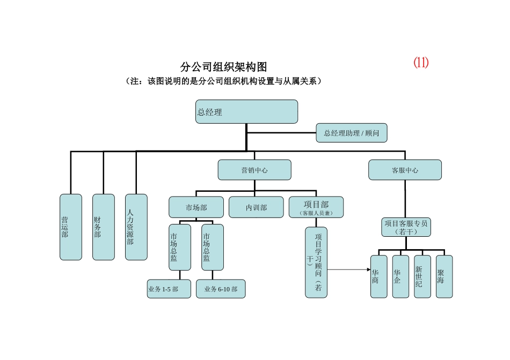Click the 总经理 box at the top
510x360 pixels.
[x=246, y=111]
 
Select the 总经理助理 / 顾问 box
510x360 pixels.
[x=351, y=132]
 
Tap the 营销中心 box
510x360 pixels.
[x=254, y=170]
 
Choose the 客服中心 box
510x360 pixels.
[x=405, y=170]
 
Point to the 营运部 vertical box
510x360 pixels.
[x=71, y=227]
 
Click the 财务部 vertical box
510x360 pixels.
[x=104, y=227]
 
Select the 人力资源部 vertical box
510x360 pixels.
[x=136, y=227]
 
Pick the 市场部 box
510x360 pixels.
[x=196, y=207]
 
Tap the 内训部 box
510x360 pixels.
[x=256, y=207]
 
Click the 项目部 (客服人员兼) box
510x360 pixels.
[x=316, y=207]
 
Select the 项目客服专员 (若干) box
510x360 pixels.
[x=405, y=227]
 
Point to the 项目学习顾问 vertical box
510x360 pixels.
[x=316, y=262]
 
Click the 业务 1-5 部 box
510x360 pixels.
[x=169, y=289]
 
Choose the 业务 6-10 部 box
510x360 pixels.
[x=221, y=289]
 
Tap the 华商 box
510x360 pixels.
[x=378, y=276]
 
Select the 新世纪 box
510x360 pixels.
[x=422, y=276]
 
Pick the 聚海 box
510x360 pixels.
[x=444, y=276]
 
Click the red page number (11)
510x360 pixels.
[x=421, y=63]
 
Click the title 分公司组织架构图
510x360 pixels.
[x=223, y=67]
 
